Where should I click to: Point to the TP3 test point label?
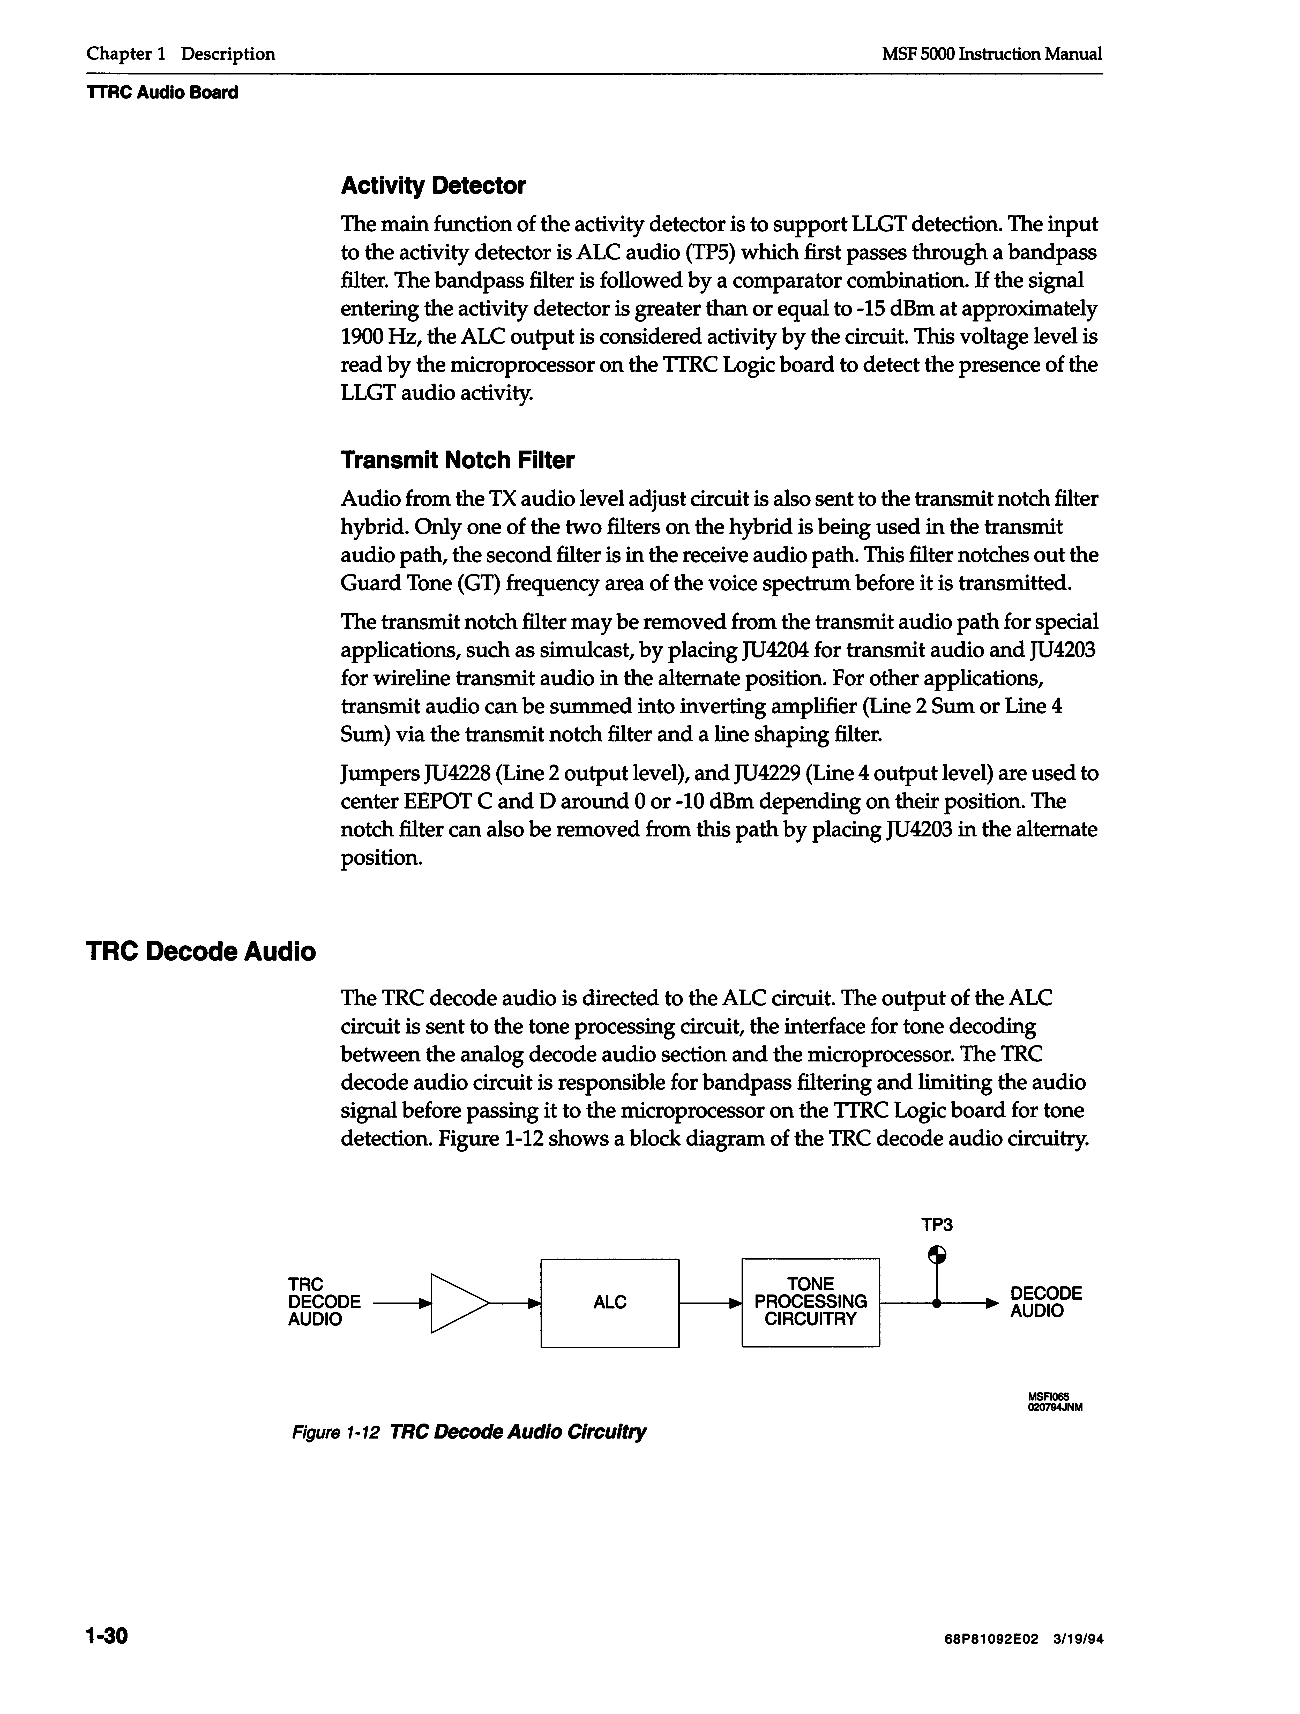pyautogui.click(x=937, y=1225)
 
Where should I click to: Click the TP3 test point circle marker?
pyautogui.click(x=937, y=1254)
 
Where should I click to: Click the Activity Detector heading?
pyautogui.click(x=433, y=186)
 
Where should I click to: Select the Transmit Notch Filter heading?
pyautogui.click(x=457, y=460)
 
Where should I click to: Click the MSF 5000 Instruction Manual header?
pyautogui.click(x=992, y=54)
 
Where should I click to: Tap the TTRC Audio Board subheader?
pyautogui.click(x=162, y=93)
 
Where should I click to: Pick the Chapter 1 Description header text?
pyautogui.click(x=181, y=54)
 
